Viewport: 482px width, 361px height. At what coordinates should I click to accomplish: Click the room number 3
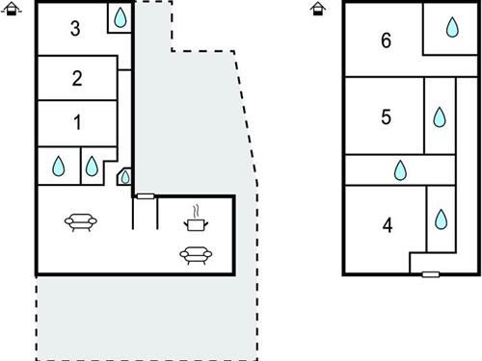(x=75, y=28)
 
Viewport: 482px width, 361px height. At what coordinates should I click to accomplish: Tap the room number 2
(x=77, y=78)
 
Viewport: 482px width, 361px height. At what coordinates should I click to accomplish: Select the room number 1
(x=77, y=122)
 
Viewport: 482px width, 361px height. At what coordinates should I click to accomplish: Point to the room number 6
(x=386, y=40)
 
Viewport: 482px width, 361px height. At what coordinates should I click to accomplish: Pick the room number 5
(x=386, y=116)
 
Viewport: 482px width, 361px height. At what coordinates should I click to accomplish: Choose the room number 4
(x=388, y=225)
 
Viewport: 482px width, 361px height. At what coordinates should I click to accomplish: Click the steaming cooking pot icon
(x=196, y=219)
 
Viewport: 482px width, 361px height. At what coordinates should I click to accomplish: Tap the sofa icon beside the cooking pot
(x=196, y=255)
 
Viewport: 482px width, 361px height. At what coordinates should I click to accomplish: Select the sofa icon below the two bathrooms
(x=81, y=222)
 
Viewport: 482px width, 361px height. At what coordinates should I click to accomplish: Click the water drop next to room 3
(x=120, y=17)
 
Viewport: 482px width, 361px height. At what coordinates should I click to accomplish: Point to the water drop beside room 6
(x=452, y=27)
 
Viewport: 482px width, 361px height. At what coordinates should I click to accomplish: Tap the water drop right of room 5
(x=440, y=117)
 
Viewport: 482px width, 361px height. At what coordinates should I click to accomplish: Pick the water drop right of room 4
(x=441, y=219)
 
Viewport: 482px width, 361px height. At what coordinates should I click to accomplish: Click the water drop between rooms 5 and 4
(x=400, y=170)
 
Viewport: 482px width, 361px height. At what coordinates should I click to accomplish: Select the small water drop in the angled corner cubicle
(x=125, y=177)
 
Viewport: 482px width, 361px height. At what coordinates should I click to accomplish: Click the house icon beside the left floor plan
(x=12, y=9)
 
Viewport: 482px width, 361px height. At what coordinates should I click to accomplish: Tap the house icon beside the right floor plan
(x=318, y=9)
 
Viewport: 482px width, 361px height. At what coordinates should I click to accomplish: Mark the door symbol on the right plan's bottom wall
(x=431, y=274)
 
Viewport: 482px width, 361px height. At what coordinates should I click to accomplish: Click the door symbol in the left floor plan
(x=146, y=196)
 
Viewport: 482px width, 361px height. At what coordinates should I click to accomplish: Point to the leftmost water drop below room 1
(x=59, y=167)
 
